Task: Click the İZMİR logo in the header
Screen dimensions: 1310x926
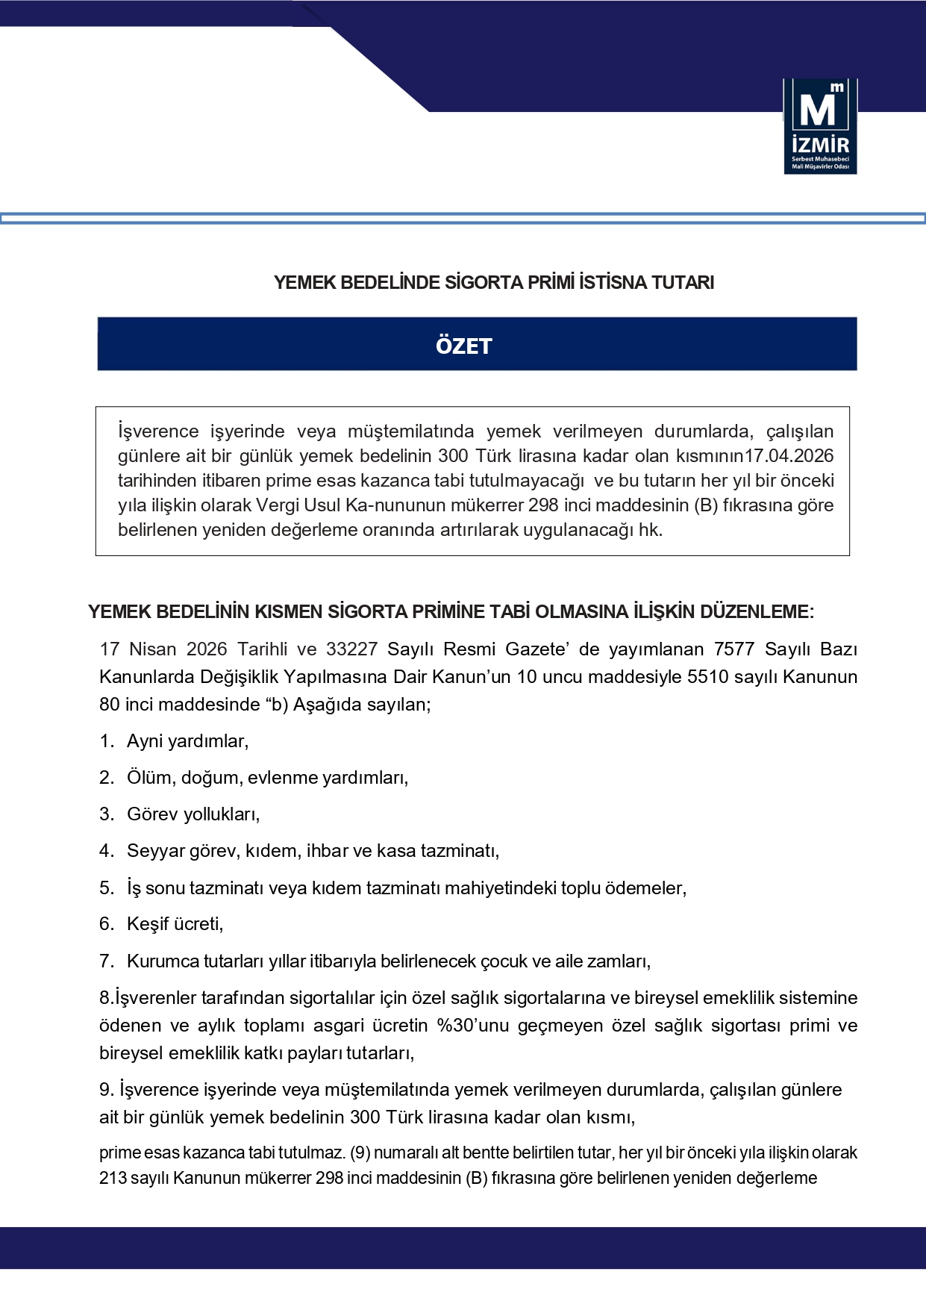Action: (x=820, y=126)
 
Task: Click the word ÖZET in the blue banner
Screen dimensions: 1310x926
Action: (x=463, y=346)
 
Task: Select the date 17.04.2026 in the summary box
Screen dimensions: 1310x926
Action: (x=789, y=456)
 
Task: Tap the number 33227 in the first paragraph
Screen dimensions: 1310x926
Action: (x=351, y=649)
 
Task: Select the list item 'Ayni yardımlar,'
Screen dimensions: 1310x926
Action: (x=187, y=741)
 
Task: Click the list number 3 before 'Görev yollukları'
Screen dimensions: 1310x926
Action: (x=106, y=814)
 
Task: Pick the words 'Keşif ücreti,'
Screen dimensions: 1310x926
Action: (x=175, y=924)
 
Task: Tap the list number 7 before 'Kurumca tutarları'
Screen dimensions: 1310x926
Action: (x=106, y=961)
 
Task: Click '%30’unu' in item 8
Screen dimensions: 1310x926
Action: (x=472, y=1026)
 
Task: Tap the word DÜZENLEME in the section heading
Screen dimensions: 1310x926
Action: (x=754, y=612)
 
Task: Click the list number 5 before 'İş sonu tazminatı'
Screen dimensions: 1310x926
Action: (x=106, y=888)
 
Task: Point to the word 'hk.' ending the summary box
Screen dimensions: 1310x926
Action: (x=650, y=530)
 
